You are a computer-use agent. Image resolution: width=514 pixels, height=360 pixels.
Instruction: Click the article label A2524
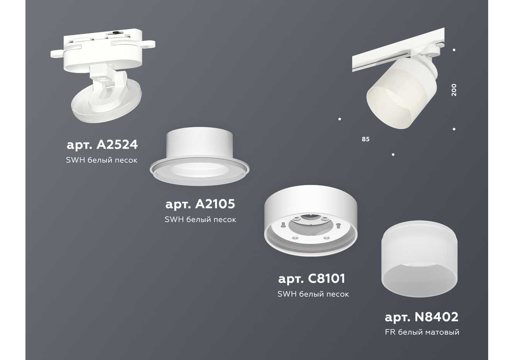click(x=102, y=145)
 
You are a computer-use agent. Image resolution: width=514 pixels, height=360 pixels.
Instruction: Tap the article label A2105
click(x=200, y=204)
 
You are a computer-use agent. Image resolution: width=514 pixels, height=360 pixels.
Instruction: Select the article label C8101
click(x=312, y=279)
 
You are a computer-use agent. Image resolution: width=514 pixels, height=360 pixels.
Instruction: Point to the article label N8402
click(x=421, y=317)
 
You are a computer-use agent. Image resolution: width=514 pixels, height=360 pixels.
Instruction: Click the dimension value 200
click(x=454, y=90)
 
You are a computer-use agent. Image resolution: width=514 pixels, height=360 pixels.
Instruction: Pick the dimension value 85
click(x=366, y=139)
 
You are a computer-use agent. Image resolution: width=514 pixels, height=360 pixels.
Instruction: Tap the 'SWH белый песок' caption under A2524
click(x=102, y=160)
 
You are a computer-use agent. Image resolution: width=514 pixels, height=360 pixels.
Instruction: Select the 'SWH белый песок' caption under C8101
click(x=313, y=294)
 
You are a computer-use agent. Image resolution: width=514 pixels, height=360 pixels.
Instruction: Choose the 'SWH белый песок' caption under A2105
click(x=201, y=220)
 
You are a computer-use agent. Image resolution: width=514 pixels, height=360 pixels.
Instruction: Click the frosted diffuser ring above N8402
click(x=419, y=259)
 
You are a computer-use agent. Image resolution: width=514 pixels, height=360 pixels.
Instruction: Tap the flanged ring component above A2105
click(x=199, y=156)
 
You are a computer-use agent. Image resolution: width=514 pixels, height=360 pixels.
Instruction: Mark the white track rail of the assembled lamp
click(x=398, y=50)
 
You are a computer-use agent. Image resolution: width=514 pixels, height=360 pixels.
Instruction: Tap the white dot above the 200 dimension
click(x=454, y=50)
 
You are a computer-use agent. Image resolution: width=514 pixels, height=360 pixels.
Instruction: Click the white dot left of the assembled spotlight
click(x=340, y=119)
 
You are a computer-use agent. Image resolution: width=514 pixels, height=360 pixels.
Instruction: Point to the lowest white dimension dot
click(x=393, y=154)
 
